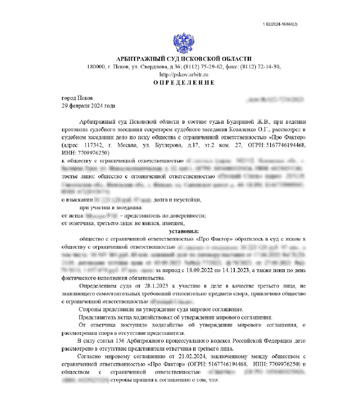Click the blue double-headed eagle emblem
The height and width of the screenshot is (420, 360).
183,43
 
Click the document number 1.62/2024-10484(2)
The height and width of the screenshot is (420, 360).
280,24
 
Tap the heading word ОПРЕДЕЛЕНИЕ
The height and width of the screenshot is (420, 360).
184,83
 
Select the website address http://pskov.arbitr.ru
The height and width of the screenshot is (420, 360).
184,74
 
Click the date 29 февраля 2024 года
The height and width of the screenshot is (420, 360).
88,106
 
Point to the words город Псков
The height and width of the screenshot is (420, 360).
77,98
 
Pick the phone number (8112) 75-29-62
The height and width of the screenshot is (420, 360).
203,67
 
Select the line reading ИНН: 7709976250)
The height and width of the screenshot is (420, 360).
85,153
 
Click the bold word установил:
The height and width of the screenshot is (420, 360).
184,231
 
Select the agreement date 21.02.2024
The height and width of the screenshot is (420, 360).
192,356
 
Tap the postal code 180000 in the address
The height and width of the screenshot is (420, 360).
96,67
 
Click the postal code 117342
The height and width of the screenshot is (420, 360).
93,145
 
